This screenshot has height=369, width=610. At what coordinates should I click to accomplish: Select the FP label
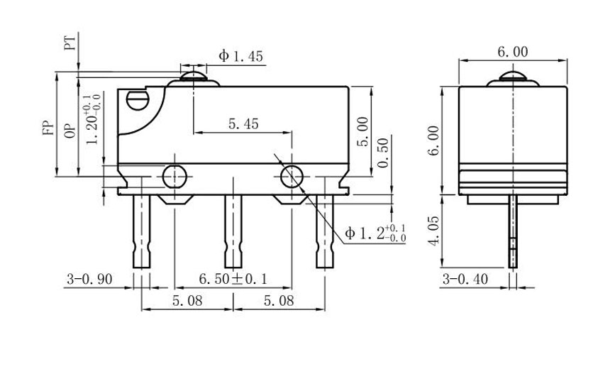[x=48, y=127]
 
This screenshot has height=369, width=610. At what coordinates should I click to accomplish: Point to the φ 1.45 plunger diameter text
[x=240, y=56]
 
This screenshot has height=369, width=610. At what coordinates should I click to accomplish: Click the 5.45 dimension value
[x=243, y=123]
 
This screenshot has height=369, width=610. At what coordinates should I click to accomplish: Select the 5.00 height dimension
[x=362, y=132]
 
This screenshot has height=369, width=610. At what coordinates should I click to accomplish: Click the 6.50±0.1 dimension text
[x=232, y=279]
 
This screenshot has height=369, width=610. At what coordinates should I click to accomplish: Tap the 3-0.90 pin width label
[x=89, y=279]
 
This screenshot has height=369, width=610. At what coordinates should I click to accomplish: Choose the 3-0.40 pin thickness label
[x=465, y=279]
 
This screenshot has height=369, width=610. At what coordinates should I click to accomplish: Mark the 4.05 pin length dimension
[x=434, y=231]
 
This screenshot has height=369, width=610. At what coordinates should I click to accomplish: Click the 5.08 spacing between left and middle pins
[x=187, y=301]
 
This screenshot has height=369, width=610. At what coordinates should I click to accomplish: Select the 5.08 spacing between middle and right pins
[x=279, y=301]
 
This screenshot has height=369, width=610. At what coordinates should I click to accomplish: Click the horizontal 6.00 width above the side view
[x=512, y=52]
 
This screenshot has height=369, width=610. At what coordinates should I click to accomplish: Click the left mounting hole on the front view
[x=174, y=176]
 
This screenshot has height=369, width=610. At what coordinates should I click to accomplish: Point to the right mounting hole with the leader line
[x=292, y=177]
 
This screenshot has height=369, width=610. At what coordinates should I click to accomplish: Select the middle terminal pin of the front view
[x=233, y=231]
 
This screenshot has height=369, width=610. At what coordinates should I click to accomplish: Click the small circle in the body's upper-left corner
[x=135, y=100]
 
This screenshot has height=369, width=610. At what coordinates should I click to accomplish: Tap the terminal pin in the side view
[x=512, y=234]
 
